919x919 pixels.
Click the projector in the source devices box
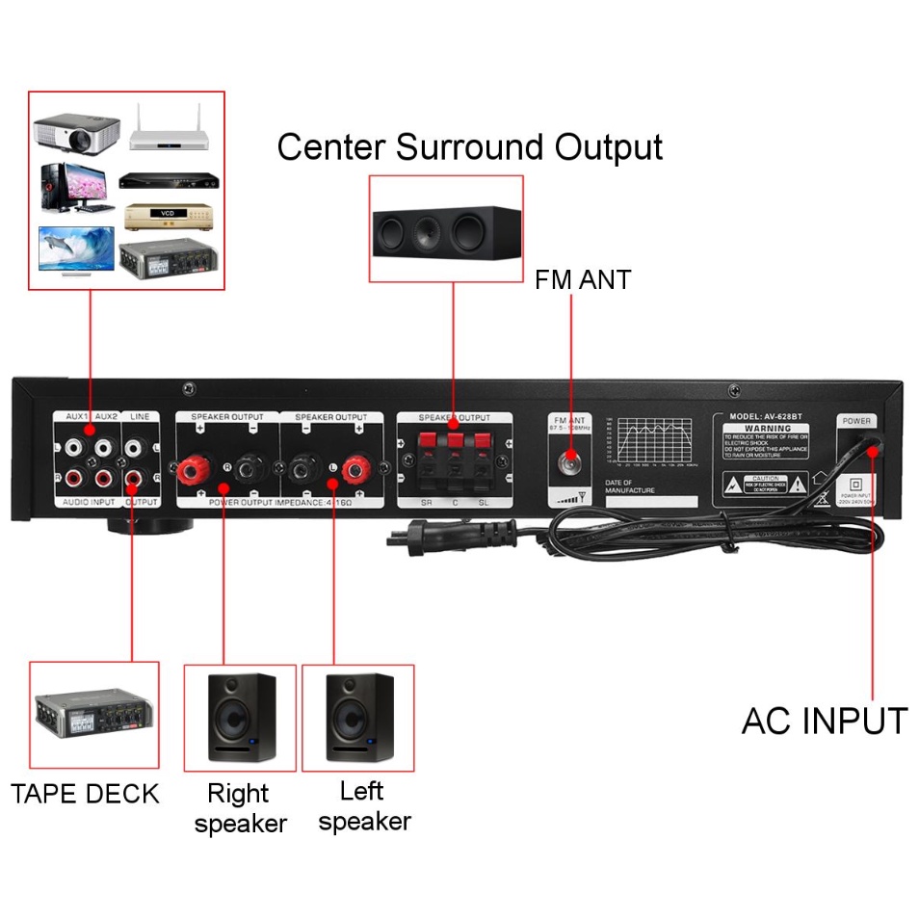click(76, 133)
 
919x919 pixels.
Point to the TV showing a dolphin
click(76, 249)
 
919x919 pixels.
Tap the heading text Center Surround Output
click(470, 147)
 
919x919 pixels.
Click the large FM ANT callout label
click(583, 280)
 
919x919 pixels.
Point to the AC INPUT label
click(824, 721)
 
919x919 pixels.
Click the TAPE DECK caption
click(85, 794)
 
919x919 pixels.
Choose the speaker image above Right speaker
click(240, 718)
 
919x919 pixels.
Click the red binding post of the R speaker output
click(189, 469)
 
